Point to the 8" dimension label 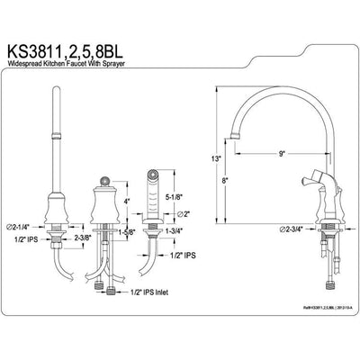224,179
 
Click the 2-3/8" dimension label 83,238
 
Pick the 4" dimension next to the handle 129,200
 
